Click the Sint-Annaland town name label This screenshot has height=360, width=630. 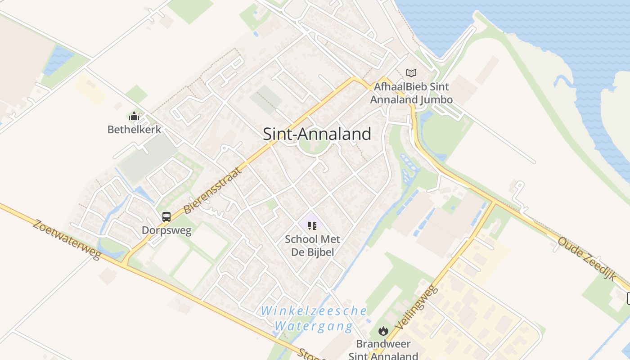(317, 134)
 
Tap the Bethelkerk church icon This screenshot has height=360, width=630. (134, 117)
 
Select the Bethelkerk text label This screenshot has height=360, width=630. (134, 130)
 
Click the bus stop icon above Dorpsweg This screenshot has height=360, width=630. (166, 217)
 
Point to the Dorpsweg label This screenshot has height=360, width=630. (166, 230)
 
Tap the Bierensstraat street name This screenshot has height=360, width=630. (210, 190)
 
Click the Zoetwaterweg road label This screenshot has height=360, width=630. (67, 239)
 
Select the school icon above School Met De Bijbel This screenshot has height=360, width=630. (312, 226)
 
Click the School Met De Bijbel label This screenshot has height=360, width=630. (312, 245)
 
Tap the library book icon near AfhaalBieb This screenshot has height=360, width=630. (411, 73)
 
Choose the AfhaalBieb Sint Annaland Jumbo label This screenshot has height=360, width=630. (411, 93)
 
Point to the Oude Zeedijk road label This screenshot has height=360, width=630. (586, 258)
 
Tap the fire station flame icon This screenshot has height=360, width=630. (383, 331)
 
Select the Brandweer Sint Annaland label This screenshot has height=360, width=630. (383, 350)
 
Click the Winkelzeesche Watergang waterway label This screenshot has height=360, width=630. (314, 318)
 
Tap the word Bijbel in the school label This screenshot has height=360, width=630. (319, 252)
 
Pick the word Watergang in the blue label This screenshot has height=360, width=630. (314, 326)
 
